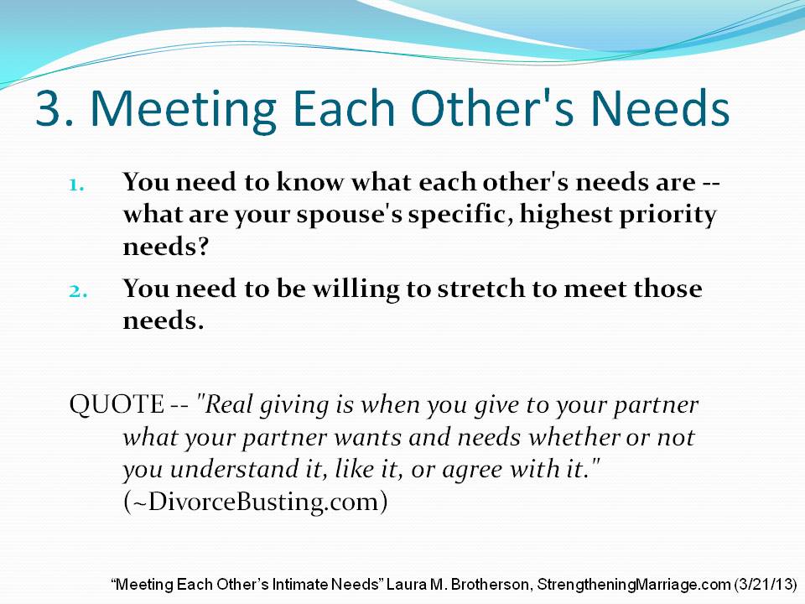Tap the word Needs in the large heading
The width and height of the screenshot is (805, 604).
(660, 107)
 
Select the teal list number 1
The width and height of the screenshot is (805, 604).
(77, 185)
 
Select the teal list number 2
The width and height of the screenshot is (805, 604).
(78, 291)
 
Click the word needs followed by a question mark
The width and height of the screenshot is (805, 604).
(166, 247)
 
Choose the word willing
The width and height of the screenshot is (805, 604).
(356, 289)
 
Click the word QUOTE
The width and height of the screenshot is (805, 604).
(117, 404)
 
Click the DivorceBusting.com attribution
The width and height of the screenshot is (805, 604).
(255, 502)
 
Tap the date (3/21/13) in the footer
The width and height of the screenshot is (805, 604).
(766, 585)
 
